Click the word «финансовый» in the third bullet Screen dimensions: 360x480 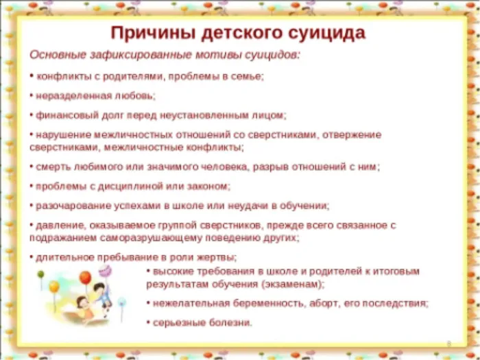(64, 115)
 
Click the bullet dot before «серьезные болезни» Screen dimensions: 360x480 (148, 322)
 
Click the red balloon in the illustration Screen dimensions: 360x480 (85, 278)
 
